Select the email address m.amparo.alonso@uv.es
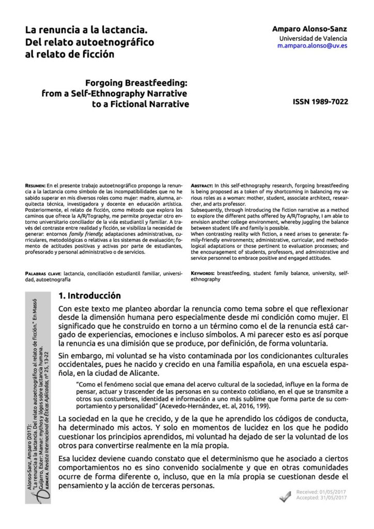pyautogui.click(x=312, y=46)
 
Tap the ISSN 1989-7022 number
pyautogui.click(x=320, y=102)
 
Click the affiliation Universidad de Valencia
pyautogui.click(x=313, y=38)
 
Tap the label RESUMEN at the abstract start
pyautogui.click(x=35, y=184)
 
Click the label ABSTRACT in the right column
pyautogui.click(x=202, y=184)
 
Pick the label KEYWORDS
pyautogui.click(x=203, y=272)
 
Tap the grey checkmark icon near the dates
pyautogui.click(x=285, y=496)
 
